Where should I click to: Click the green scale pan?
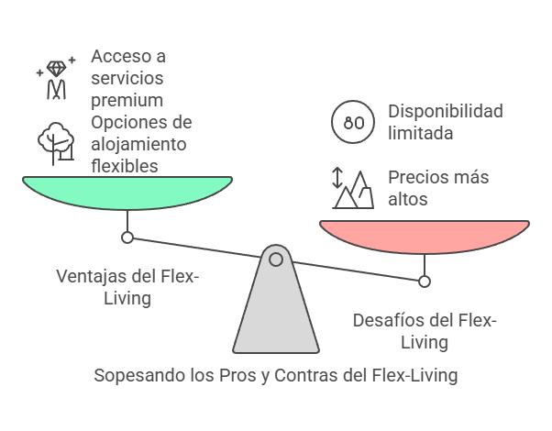coord(127,191)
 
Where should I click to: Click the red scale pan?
coord(424,236)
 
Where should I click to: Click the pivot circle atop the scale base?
coord(275,260)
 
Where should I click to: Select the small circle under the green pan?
coord(127,238)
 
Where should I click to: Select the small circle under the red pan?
coord(424,282)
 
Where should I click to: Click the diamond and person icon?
coord(57,78)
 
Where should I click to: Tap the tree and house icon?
coord(55,142)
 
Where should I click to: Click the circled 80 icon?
coord(353,122)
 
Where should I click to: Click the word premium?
coord(127,99)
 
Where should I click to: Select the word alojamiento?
coord(138,144)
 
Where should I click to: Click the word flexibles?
coord(125,166)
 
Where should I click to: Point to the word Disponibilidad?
coord(446,111)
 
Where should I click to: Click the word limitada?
coord(421,133)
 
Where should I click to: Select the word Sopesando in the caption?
coord(136,375)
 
